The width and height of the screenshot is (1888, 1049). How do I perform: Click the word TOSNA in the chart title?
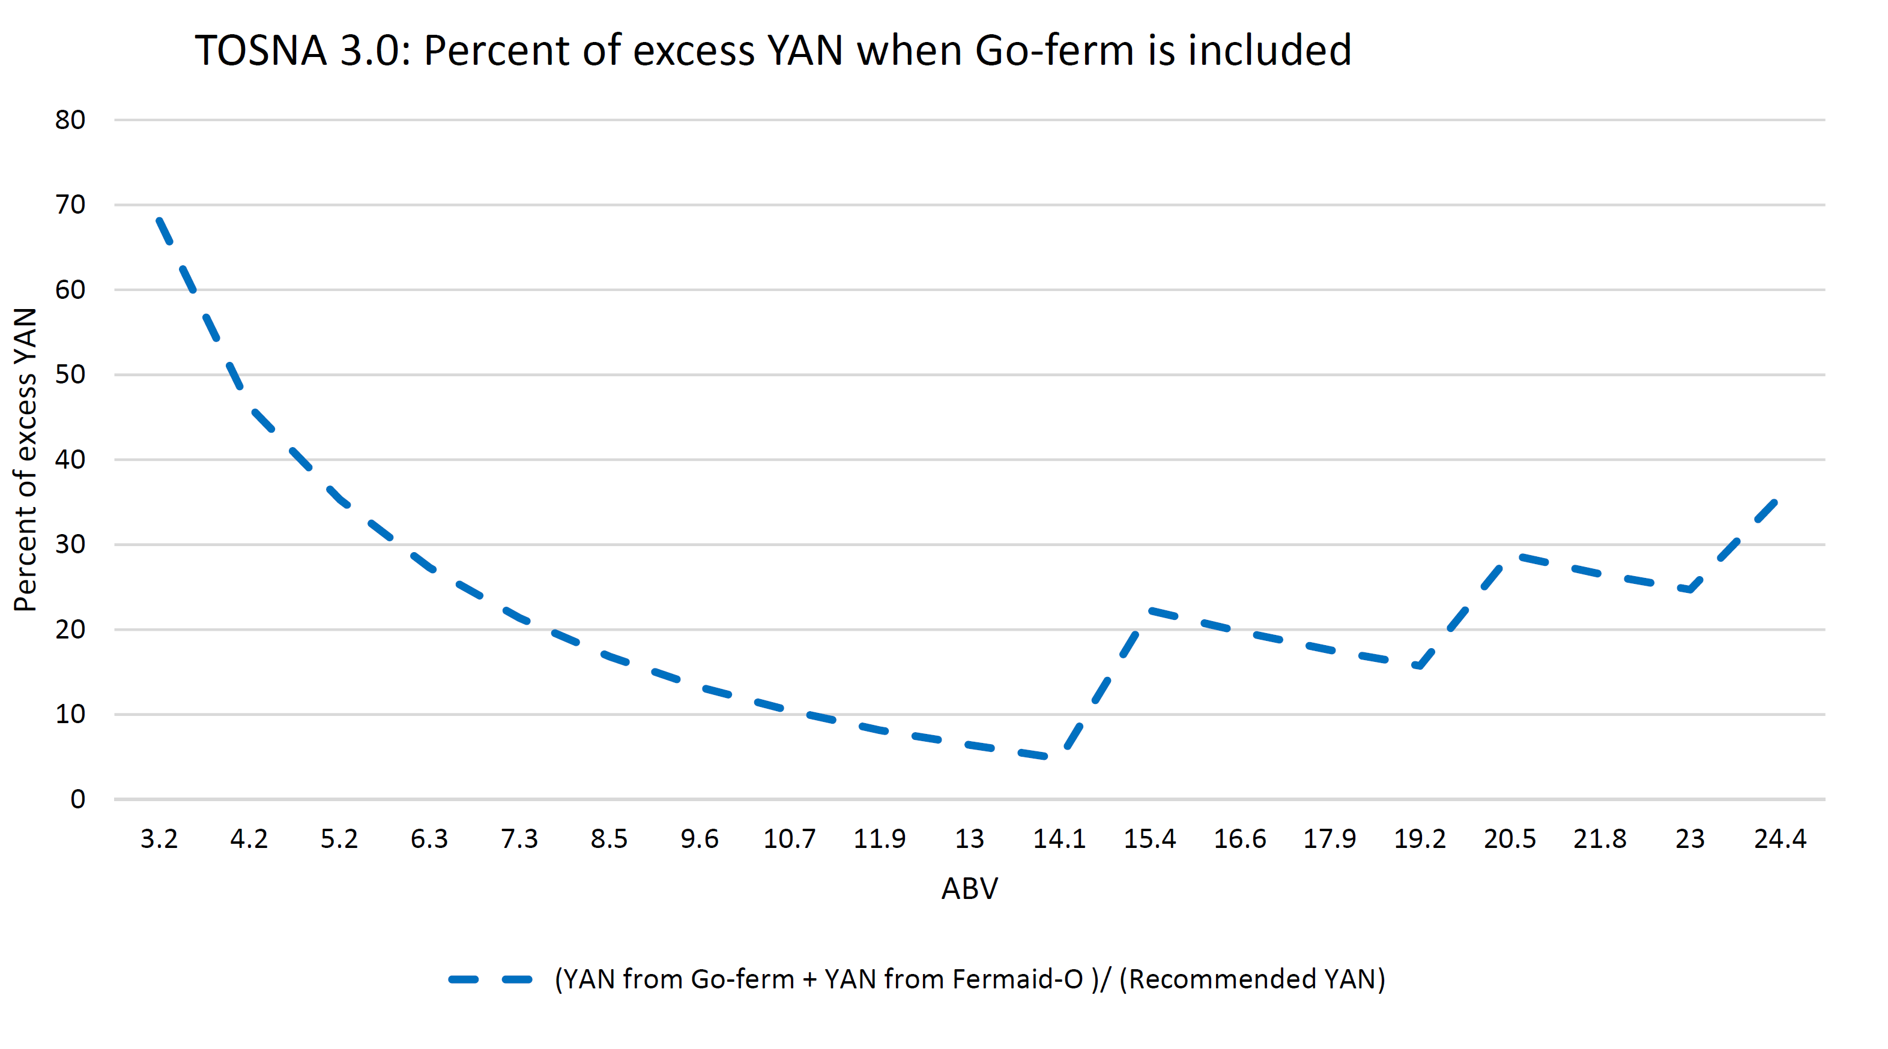(x=260, y=51)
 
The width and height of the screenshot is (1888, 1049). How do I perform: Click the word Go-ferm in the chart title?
(x=1054, y=51)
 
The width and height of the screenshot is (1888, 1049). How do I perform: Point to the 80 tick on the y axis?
(x=70, y=120)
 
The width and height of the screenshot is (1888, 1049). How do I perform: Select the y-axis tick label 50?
(x=70, y=375)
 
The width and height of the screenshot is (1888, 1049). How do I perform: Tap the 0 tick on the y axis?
(x=77, y=799)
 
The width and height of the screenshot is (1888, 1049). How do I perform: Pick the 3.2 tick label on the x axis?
(x=159, y=839)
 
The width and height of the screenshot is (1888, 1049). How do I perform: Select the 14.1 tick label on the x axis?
(x=1059, y=839)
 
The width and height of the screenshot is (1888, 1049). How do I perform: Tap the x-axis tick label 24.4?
(x=1779, y=839)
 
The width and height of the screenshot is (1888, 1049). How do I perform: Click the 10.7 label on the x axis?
(x=789, y=839)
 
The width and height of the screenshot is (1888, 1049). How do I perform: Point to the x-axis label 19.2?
(x=1420, y=839)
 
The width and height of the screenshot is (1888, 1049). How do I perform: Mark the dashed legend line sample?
(x=491, y=979)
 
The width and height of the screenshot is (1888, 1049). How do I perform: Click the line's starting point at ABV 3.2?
(x=159, y=220)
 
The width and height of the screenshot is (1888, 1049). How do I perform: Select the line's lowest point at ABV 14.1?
(x=1056, y=757)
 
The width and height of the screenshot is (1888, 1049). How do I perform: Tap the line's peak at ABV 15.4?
(x=1149, y=610)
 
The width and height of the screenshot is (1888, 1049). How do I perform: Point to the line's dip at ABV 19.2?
(x=1420, y=667)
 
